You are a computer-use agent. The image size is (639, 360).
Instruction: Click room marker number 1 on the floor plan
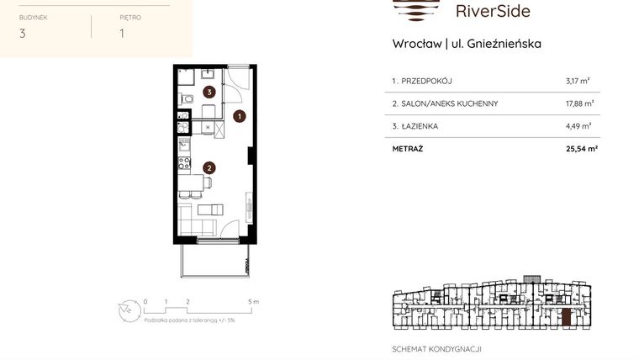[x=240, y=117]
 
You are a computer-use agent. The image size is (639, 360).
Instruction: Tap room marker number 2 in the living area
[x=208, y=167]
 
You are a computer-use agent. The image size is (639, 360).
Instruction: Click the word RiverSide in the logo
[x=492, y=11]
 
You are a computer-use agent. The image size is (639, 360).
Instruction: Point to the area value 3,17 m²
[x=578, y=82]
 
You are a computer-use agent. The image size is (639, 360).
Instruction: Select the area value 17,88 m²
[x=579, y=103]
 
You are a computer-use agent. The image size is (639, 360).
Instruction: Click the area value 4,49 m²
[x=579, y=126]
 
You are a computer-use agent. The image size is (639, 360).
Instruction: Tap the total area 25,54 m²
[x=581, y=149]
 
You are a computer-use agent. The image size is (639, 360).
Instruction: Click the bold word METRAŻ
[x=408, y=149]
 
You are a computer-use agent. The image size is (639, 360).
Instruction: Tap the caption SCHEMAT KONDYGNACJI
[x=436, y=348]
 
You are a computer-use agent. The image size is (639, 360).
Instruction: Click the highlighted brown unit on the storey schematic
[x=567, y=318]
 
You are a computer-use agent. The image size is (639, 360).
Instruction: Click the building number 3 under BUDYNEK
[x=22, y=34]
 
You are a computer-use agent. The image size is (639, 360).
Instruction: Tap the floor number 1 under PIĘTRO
[x=122, y=34]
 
